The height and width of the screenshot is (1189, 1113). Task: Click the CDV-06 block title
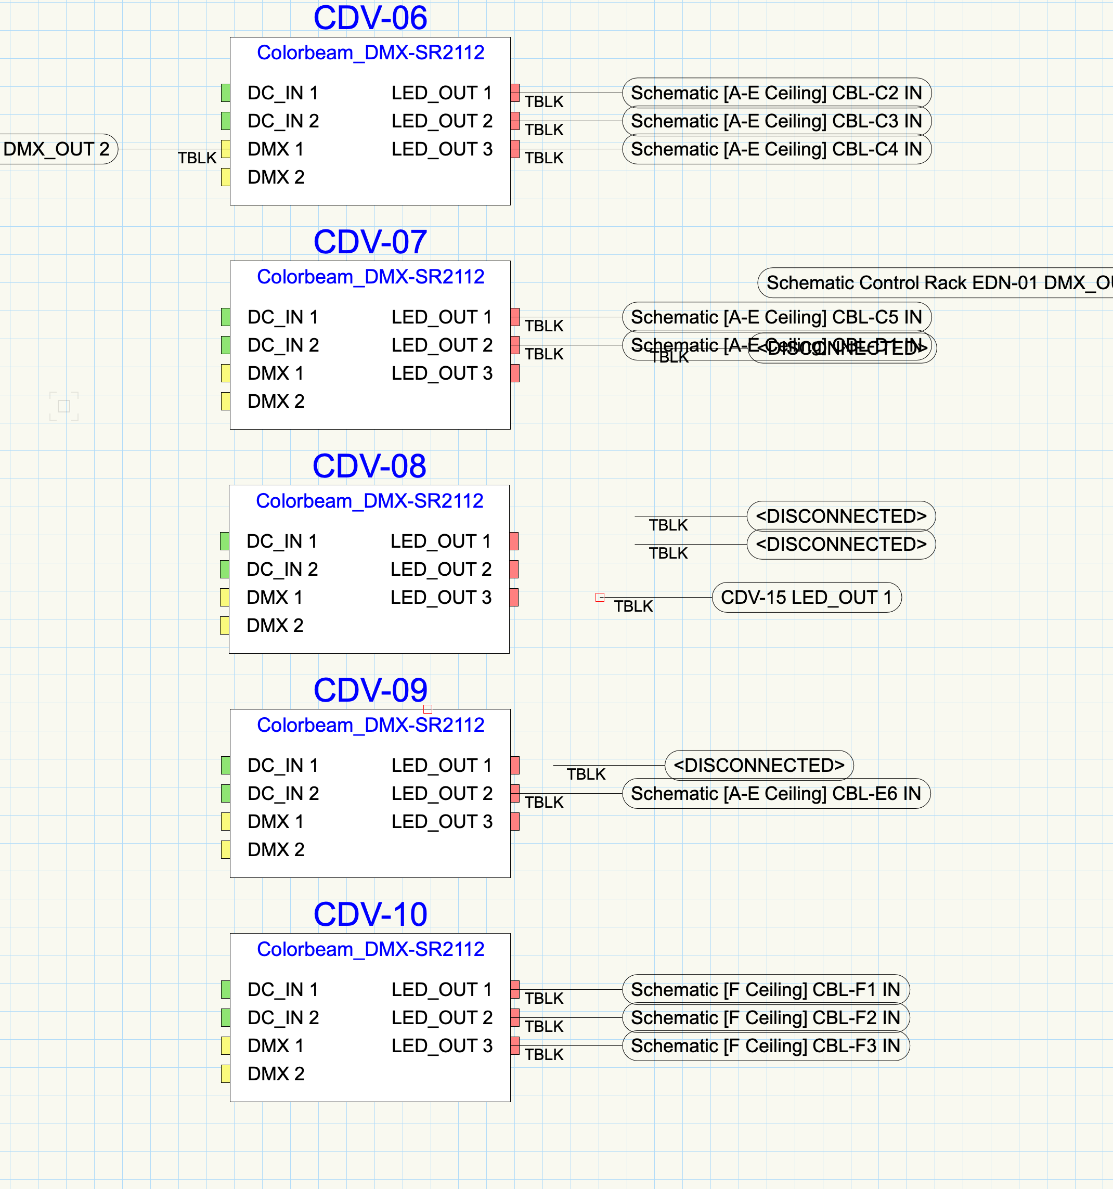370,18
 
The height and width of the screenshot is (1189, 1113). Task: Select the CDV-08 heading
369,466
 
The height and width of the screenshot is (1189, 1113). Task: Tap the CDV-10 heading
370,914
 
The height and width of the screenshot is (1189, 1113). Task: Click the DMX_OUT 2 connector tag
57,149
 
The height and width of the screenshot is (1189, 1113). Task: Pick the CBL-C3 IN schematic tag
776,121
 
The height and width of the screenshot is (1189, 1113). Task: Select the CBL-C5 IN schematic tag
776,317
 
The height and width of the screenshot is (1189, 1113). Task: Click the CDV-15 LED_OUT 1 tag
806,598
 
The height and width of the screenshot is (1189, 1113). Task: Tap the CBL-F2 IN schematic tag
765,1018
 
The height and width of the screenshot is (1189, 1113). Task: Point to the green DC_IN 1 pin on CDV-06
226,93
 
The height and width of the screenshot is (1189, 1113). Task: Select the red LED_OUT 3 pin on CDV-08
514,598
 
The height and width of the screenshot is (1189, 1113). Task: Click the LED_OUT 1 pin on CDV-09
515,766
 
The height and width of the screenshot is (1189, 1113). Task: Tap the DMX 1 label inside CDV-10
276,1046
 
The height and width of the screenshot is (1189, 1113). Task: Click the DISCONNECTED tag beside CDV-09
758,766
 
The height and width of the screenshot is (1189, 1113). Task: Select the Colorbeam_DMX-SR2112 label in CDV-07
370,277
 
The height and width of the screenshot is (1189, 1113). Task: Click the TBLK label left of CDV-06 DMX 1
197,158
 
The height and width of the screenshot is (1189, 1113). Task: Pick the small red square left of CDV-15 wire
600,598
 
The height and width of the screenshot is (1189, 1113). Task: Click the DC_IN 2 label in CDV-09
283,794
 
